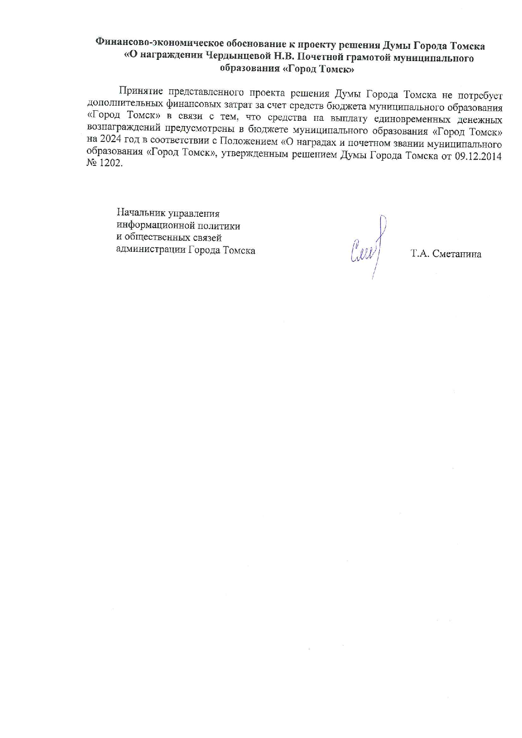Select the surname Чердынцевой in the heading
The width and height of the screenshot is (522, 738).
pos(239,56)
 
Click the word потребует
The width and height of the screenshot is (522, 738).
pos(480,96)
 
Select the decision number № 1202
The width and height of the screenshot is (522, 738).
pos(104,163)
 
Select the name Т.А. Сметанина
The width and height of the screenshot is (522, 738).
pos(446,254)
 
